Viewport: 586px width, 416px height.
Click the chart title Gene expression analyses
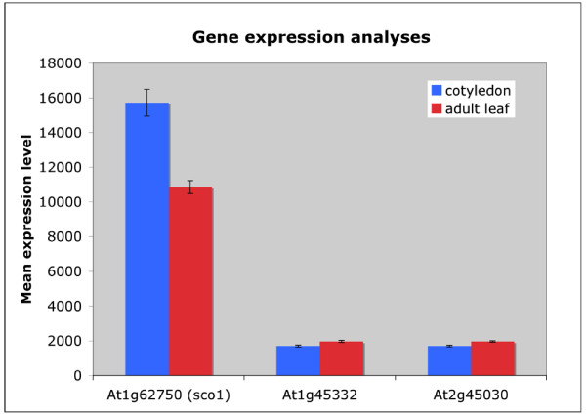(312, 38)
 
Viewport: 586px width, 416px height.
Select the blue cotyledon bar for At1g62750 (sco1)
(147, 239)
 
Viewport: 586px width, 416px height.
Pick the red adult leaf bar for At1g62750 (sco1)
(190, 281)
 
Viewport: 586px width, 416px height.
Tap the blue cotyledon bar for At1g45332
(298, 360)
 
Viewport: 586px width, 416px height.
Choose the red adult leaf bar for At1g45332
(342, 358)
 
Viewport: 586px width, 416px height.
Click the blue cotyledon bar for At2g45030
(449, 360)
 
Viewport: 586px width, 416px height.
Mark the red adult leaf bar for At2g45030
(493, 358)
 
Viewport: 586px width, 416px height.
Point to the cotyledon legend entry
(471, 91)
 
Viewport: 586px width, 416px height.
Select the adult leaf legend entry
(470, 108)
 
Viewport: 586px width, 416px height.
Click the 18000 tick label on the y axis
(61, 63)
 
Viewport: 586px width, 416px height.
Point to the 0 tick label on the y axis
(78, 376)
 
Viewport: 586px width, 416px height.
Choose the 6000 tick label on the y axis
(64, 271)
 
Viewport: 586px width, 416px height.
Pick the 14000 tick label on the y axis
(61, 133)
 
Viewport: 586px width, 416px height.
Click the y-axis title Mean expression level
(26, 219)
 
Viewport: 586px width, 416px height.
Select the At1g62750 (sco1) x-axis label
(169, 395)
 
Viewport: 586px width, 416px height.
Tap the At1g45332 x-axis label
(319, 395)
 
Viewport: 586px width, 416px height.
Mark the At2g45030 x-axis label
(471, 395)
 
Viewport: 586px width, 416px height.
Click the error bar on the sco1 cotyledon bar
(146, 103)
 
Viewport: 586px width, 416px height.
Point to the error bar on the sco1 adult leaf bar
(190, 187)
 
